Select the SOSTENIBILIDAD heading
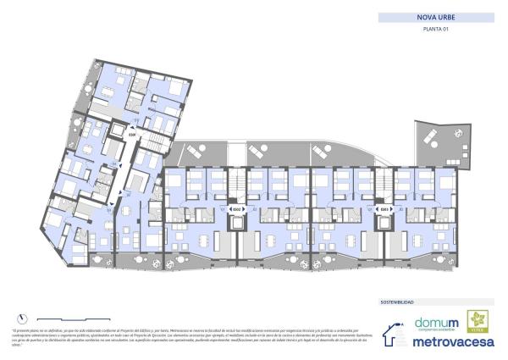point(397,301)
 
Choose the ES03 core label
point(384,209)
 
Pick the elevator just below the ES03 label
point(384,222)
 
